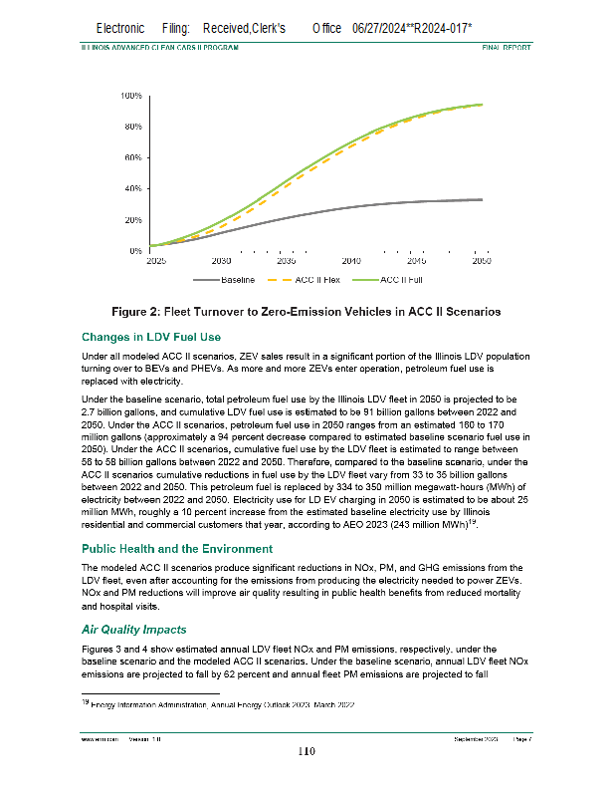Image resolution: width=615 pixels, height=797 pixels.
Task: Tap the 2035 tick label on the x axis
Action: [x=286, y=260]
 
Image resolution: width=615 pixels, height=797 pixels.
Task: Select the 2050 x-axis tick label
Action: [x=482, y=260]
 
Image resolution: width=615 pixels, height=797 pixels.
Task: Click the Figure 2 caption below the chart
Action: [x=307, y=313]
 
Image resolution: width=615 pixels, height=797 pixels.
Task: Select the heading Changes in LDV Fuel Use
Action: [x=150, y=337]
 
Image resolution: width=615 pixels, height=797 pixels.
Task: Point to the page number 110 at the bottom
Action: [x=307, y=752]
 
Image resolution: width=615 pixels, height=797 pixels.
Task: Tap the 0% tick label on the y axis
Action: [x=134, y=250]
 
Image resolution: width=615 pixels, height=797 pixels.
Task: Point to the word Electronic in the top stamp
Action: [x=120, y=29]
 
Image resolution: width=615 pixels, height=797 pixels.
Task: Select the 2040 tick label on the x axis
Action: [x=351, y=260]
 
